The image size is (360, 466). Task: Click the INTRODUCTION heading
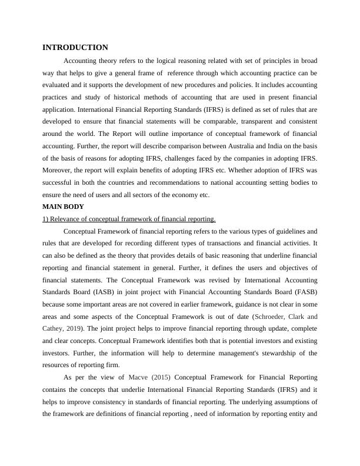coord(75,47)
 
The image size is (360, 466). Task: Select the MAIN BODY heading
coord(64,207)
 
